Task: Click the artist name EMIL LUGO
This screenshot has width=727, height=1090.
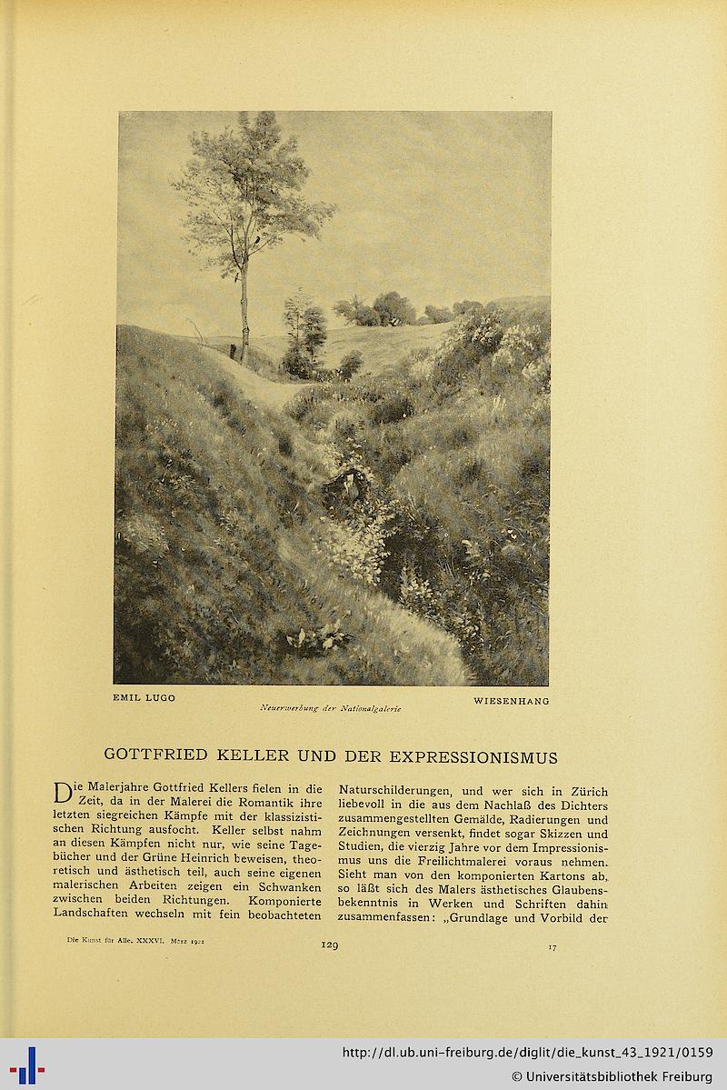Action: (x=144, y=698)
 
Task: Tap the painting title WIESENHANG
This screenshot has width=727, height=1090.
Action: (x=512, y=701)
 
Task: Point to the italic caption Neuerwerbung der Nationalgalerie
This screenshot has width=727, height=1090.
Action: (x=330, y=708)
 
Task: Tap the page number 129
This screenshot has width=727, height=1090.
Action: (x=330, y=945)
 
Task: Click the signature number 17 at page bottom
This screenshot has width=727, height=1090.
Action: (x=552, y=946)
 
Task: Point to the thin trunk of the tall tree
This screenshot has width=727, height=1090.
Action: (x=244, y=309)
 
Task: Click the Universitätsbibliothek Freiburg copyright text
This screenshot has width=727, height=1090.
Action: (x=612, y=1076)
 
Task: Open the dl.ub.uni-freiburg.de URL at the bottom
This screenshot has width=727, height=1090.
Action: (x=527, y=1053)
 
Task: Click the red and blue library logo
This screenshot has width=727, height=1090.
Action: (x=28, y=1065)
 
